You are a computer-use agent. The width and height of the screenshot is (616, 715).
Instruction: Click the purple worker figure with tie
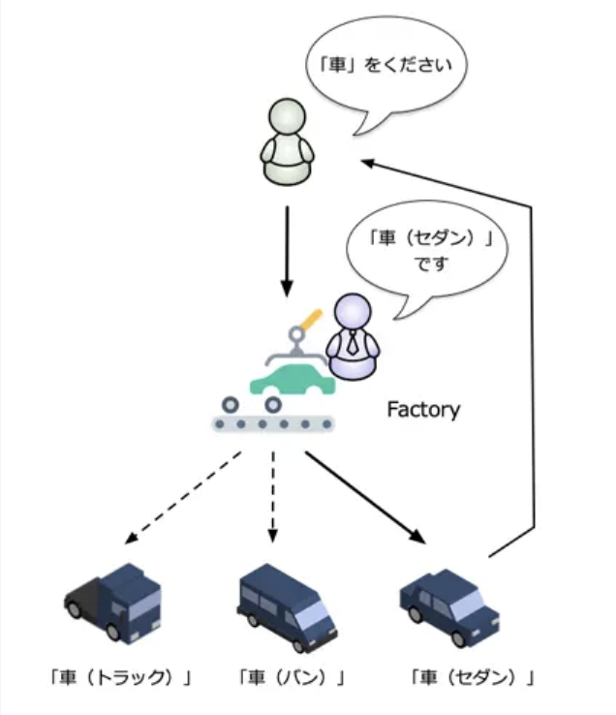[353, 339]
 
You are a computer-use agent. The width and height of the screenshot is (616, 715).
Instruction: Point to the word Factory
[423, 410]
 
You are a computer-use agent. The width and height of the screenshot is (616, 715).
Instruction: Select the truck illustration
[114, 602]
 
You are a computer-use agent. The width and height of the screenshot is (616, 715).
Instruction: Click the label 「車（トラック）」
[119, 676]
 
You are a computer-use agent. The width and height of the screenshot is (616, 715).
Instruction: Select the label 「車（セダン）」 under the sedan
[472, 676]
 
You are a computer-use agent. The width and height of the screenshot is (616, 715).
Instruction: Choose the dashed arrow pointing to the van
[272, 494]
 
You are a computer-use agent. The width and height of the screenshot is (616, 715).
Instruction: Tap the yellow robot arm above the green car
[311, 319]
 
